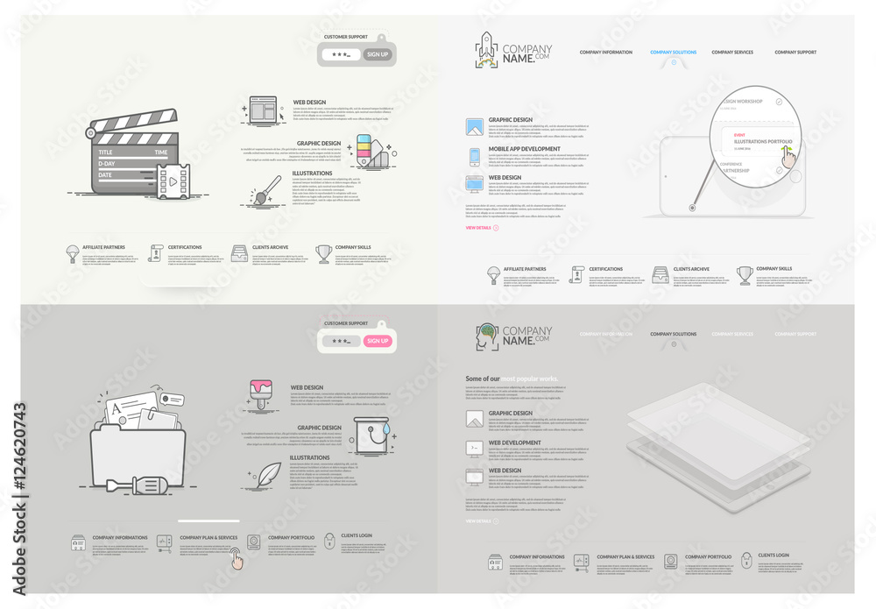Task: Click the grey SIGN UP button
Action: [378, 54]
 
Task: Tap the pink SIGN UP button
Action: [378, 341]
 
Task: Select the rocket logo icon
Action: [486, 50]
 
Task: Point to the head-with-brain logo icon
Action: [486, 336]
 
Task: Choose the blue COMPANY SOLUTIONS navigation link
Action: [673, 53]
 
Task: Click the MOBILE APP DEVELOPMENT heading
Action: [524, 149]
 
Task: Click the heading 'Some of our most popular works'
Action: [512, 379]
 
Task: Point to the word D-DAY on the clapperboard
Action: [107, 164]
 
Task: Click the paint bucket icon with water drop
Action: [368, 436]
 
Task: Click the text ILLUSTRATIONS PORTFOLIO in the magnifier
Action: [762, 141]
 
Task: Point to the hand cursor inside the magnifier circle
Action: [789, 155]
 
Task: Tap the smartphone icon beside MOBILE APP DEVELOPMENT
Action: [475, 156]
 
